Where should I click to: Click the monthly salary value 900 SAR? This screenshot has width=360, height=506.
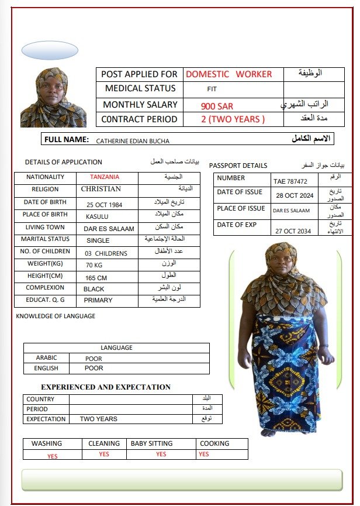coord(217,106)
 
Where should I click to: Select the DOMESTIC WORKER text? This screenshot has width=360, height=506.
coord(229,74)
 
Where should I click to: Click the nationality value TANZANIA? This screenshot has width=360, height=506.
coord(105,177)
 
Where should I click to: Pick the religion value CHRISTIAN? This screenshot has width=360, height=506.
coord(101,189)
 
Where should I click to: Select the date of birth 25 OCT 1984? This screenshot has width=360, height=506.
coord(105,205)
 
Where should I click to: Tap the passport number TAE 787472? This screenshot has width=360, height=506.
coord(290,182)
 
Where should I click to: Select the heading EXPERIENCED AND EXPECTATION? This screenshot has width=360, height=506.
coord(106,387)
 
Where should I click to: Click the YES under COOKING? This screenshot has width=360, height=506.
coord(203,455)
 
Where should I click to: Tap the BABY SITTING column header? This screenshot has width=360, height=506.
coord(151,443)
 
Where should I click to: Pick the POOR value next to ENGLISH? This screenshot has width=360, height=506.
coord(94,369)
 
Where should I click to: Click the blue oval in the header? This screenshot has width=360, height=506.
coord(49,51)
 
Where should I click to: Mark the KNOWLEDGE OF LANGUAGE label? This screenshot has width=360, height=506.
coord(56,316)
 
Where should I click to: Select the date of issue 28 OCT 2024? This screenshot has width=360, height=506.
coord(295,195)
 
